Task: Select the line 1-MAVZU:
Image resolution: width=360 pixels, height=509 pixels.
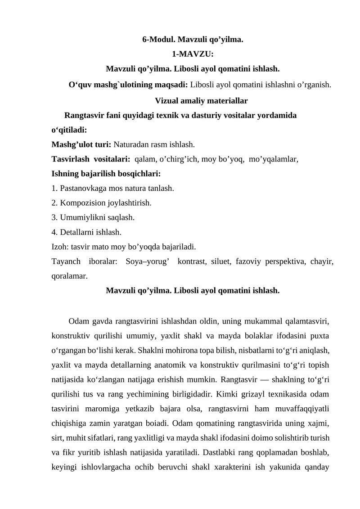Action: coord(193,54)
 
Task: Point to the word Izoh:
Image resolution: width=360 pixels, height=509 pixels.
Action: coord(60,247)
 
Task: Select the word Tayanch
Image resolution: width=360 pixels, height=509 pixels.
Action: coord(66,261)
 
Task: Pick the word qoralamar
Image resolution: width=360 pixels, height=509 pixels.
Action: coord(69,276)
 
